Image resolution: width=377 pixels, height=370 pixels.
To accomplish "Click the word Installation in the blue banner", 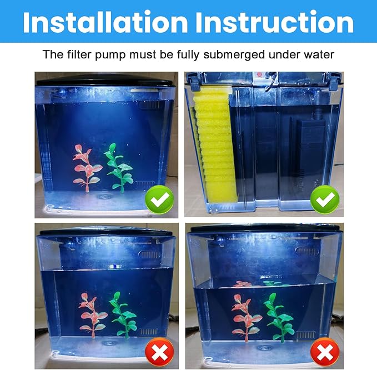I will tap(105, 22).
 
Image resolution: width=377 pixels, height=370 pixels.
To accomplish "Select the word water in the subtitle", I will tap(319, 55).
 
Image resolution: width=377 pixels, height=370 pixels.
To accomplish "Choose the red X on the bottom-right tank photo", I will tap(324, 351).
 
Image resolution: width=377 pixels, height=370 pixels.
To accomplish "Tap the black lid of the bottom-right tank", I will tap(264, 228).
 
